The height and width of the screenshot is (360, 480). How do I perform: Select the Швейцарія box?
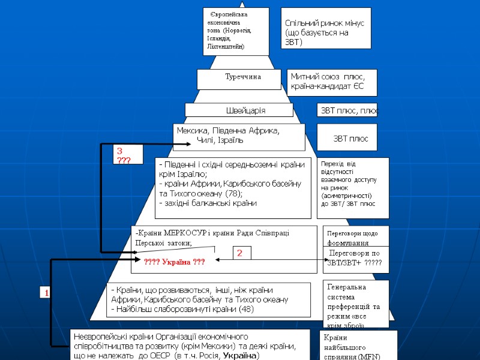click(x=245, y=110)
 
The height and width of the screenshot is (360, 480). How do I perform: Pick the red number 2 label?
click(x=238, y=254)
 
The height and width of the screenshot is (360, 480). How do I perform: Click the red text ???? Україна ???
click(x=175, y=262)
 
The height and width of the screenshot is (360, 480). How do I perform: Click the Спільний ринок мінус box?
click(x=326, y=28)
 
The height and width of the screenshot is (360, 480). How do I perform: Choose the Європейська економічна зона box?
click(x=236, y=31)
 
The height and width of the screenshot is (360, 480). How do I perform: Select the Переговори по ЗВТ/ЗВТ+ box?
click(x=356, y=259)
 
